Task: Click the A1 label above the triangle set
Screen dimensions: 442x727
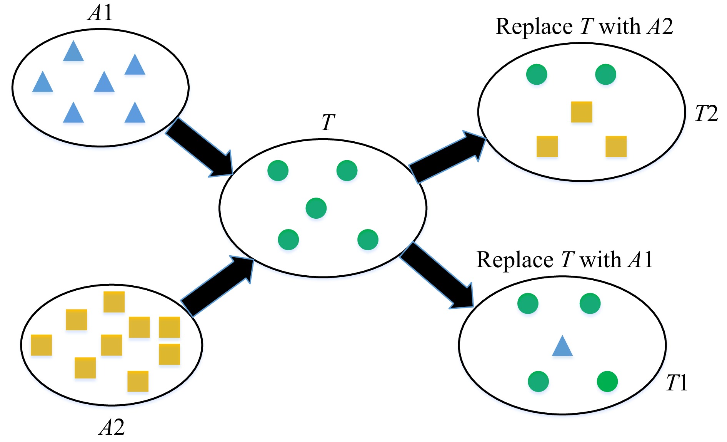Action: click(x=101, y=13)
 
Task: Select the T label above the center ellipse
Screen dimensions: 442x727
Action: click(x=328, y=122)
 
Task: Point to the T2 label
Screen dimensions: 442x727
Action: click(x=706, y=114)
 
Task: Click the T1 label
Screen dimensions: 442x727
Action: click(x=677, y=383)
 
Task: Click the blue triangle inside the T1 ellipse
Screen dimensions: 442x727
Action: click(x=562, y=347)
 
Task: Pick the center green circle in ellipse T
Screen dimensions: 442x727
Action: click(x=316, y=208)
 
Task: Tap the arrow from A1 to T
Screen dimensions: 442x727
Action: click(x=200, y=148)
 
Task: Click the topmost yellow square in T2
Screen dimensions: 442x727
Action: click(x=581, y=112)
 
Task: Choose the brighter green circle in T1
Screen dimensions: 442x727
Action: click(x=607, y=382)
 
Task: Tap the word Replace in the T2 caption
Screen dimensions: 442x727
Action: click(x=534, y=27)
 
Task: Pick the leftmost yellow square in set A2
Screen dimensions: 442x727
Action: click(x=41, y=345)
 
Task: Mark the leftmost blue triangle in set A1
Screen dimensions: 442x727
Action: click(x=42, y=82)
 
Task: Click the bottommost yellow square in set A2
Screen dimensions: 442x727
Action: click(x=138, y=381)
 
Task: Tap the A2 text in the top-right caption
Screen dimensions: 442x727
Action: click(x=660, y=27)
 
